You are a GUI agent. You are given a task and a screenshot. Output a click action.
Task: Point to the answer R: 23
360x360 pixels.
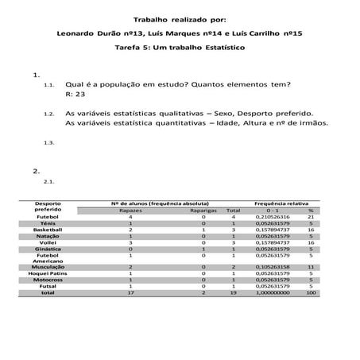[75, 93]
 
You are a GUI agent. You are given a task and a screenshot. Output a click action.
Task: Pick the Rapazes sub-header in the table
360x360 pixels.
[130, 210]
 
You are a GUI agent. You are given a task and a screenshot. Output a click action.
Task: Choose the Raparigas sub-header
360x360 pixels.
[203, 210]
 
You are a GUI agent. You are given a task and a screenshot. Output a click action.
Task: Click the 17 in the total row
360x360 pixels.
[130, 292]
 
